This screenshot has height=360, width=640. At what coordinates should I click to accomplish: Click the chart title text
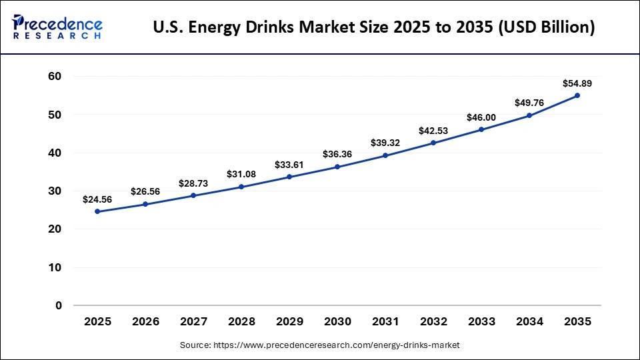pos(374,27)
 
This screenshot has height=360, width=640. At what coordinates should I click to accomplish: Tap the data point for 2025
pos(97,211)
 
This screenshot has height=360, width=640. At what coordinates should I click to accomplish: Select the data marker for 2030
pos(337,167)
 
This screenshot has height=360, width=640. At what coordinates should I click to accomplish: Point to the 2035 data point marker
pos(577,95)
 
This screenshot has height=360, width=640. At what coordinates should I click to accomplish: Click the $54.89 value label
pos(577,83)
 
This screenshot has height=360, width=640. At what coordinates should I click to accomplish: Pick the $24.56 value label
pos(97,199)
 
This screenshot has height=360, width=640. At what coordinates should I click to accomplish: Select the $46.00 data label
pos(481,117)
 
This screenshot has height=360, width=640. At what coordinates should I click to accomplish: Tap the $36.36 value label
pos(337,154)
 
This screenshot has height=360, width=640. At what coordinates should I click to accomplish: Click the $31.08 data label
pos(241,174)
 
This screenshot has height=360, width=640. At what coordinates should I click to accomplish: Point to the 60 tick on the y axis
pos(55,77)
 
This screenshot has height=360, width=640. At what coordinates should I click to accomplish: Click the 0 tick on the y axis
pos(58,305)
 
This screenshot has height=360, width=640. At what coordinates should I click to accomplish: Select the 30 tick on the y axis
pos(55,191)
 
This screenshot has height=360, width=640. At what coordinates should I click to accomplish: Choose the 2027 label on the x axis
pos(193,321)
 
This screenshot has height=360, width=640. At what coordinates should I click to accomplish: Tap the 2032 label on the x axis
pos(433,321)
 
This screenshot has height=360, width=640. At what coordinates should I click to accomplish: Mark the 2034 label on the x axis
pos(529,321)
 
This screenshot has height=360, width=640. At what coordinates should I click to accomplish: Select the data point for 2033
pos(481,129)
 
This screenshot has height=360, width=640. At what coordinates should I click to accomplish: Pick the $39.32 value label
pos(385,143)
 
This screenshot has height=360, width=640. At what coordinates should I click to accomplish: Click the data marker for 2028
pos(241,187)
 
